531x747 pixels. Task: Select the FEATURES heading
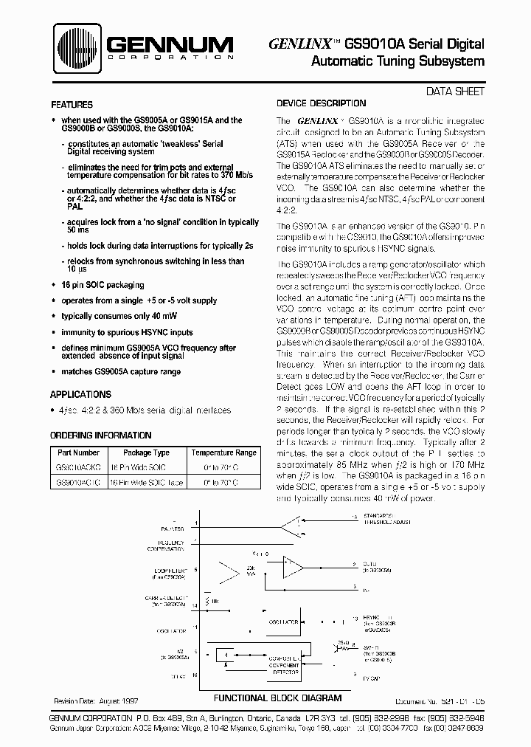72,106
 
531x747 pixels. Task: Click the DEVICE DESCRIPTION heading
321,104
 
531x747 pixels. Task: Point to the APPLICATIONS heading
80,395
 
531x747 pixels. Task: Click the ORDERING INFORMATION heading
100,436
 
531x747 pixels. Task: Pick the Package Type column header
145,452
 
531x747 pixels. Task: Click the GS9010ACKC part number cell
77,467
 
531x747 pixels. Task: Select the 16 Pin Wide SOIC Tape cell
145,482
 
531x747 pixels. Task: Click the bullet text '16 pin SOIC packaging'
103,285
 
